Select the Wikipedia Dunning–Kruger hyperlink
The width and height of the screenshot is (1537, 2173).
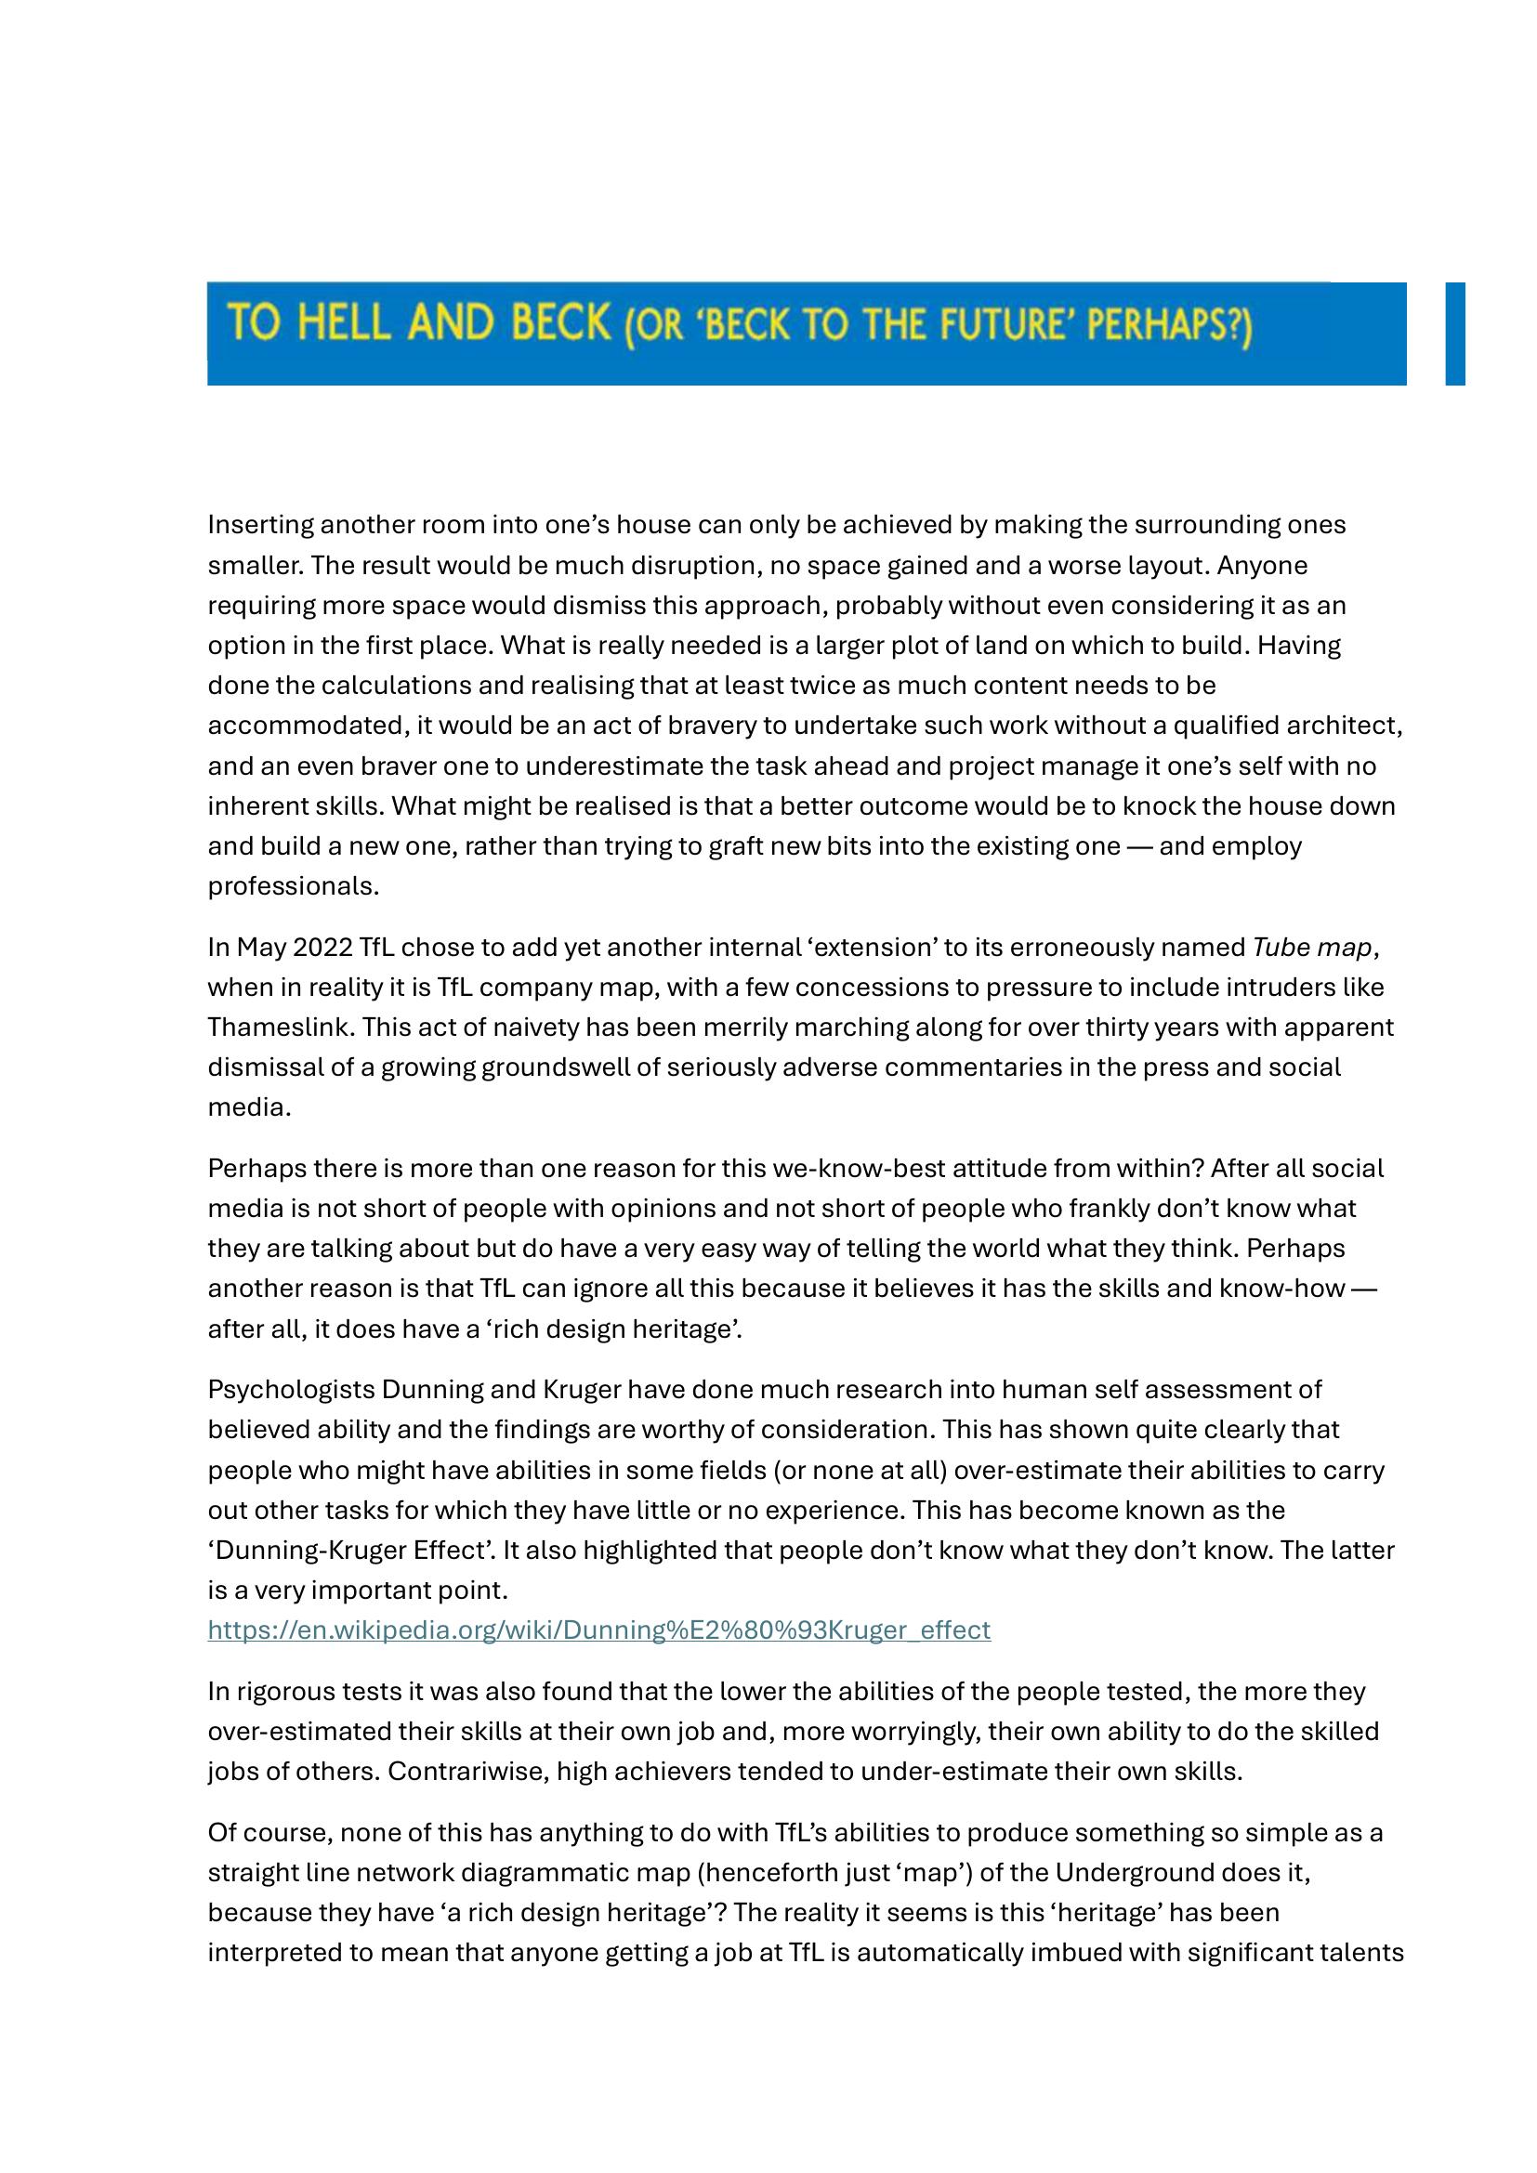(x=599, y=1630)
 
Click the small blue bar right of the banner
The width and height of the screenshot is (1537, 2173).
(x=1454, y=334)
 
